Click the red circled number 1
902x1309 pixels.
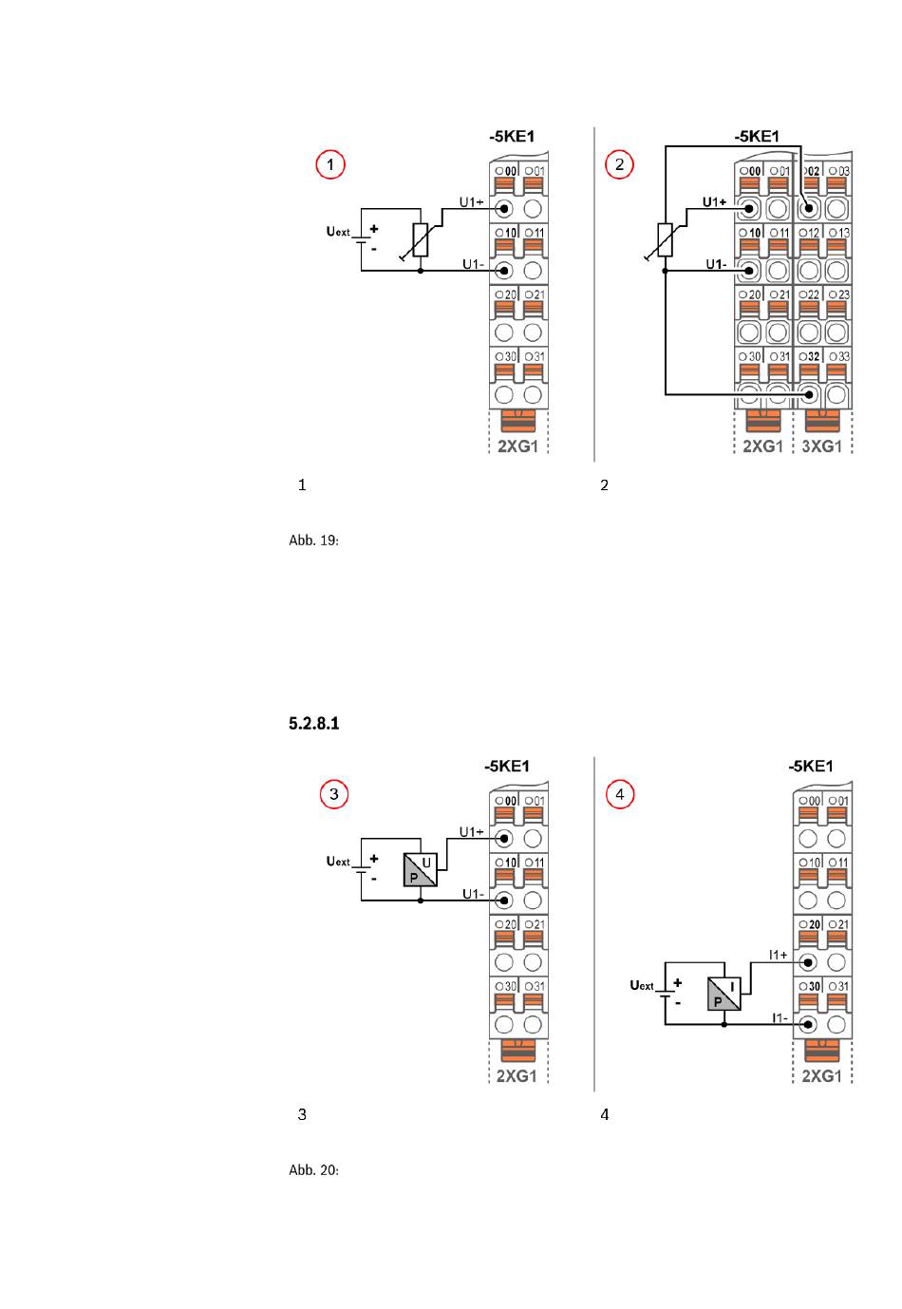[x=329, y=165]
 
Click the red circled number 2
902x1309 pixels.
[x=620, y=165]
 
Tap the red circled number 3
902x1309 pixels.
[x=333, y=794]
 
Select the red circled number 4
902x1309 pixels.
[x=620, y=794]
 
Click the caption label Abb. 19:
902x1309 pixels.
[x=313, y=541]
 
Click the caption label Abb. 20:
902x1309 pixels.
[x=313, y=1170]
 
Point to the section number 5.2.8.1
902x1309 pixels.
[x=313, y=724]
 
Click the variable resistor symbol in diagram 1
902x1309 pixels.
[x=421, y=240]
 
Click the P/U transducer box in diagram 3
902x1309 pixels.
[x=421, y=869]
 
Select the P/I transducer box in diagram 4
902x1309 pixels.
[x=724, y=994]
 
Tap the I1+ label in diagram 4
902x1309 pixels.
[x=778, y=955]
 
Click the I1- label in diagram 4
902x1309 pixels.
[x=779, y=1017]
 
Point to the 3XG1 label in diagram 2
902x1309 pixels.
[x=822, y=446]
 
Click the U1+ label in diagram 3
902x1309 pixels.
[x=471, y=832]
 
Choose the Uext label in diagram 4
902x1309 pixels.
[x=643, y=985]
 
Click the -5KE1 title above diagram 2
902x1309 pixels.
[x=757, y=137]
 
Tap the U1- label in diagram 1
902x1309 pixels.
[x=473, y=264]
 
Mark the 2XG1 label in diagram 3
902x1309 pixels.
[x=517, y=1076]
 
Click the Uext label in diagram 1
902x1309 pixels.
[x=338, y=231]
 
